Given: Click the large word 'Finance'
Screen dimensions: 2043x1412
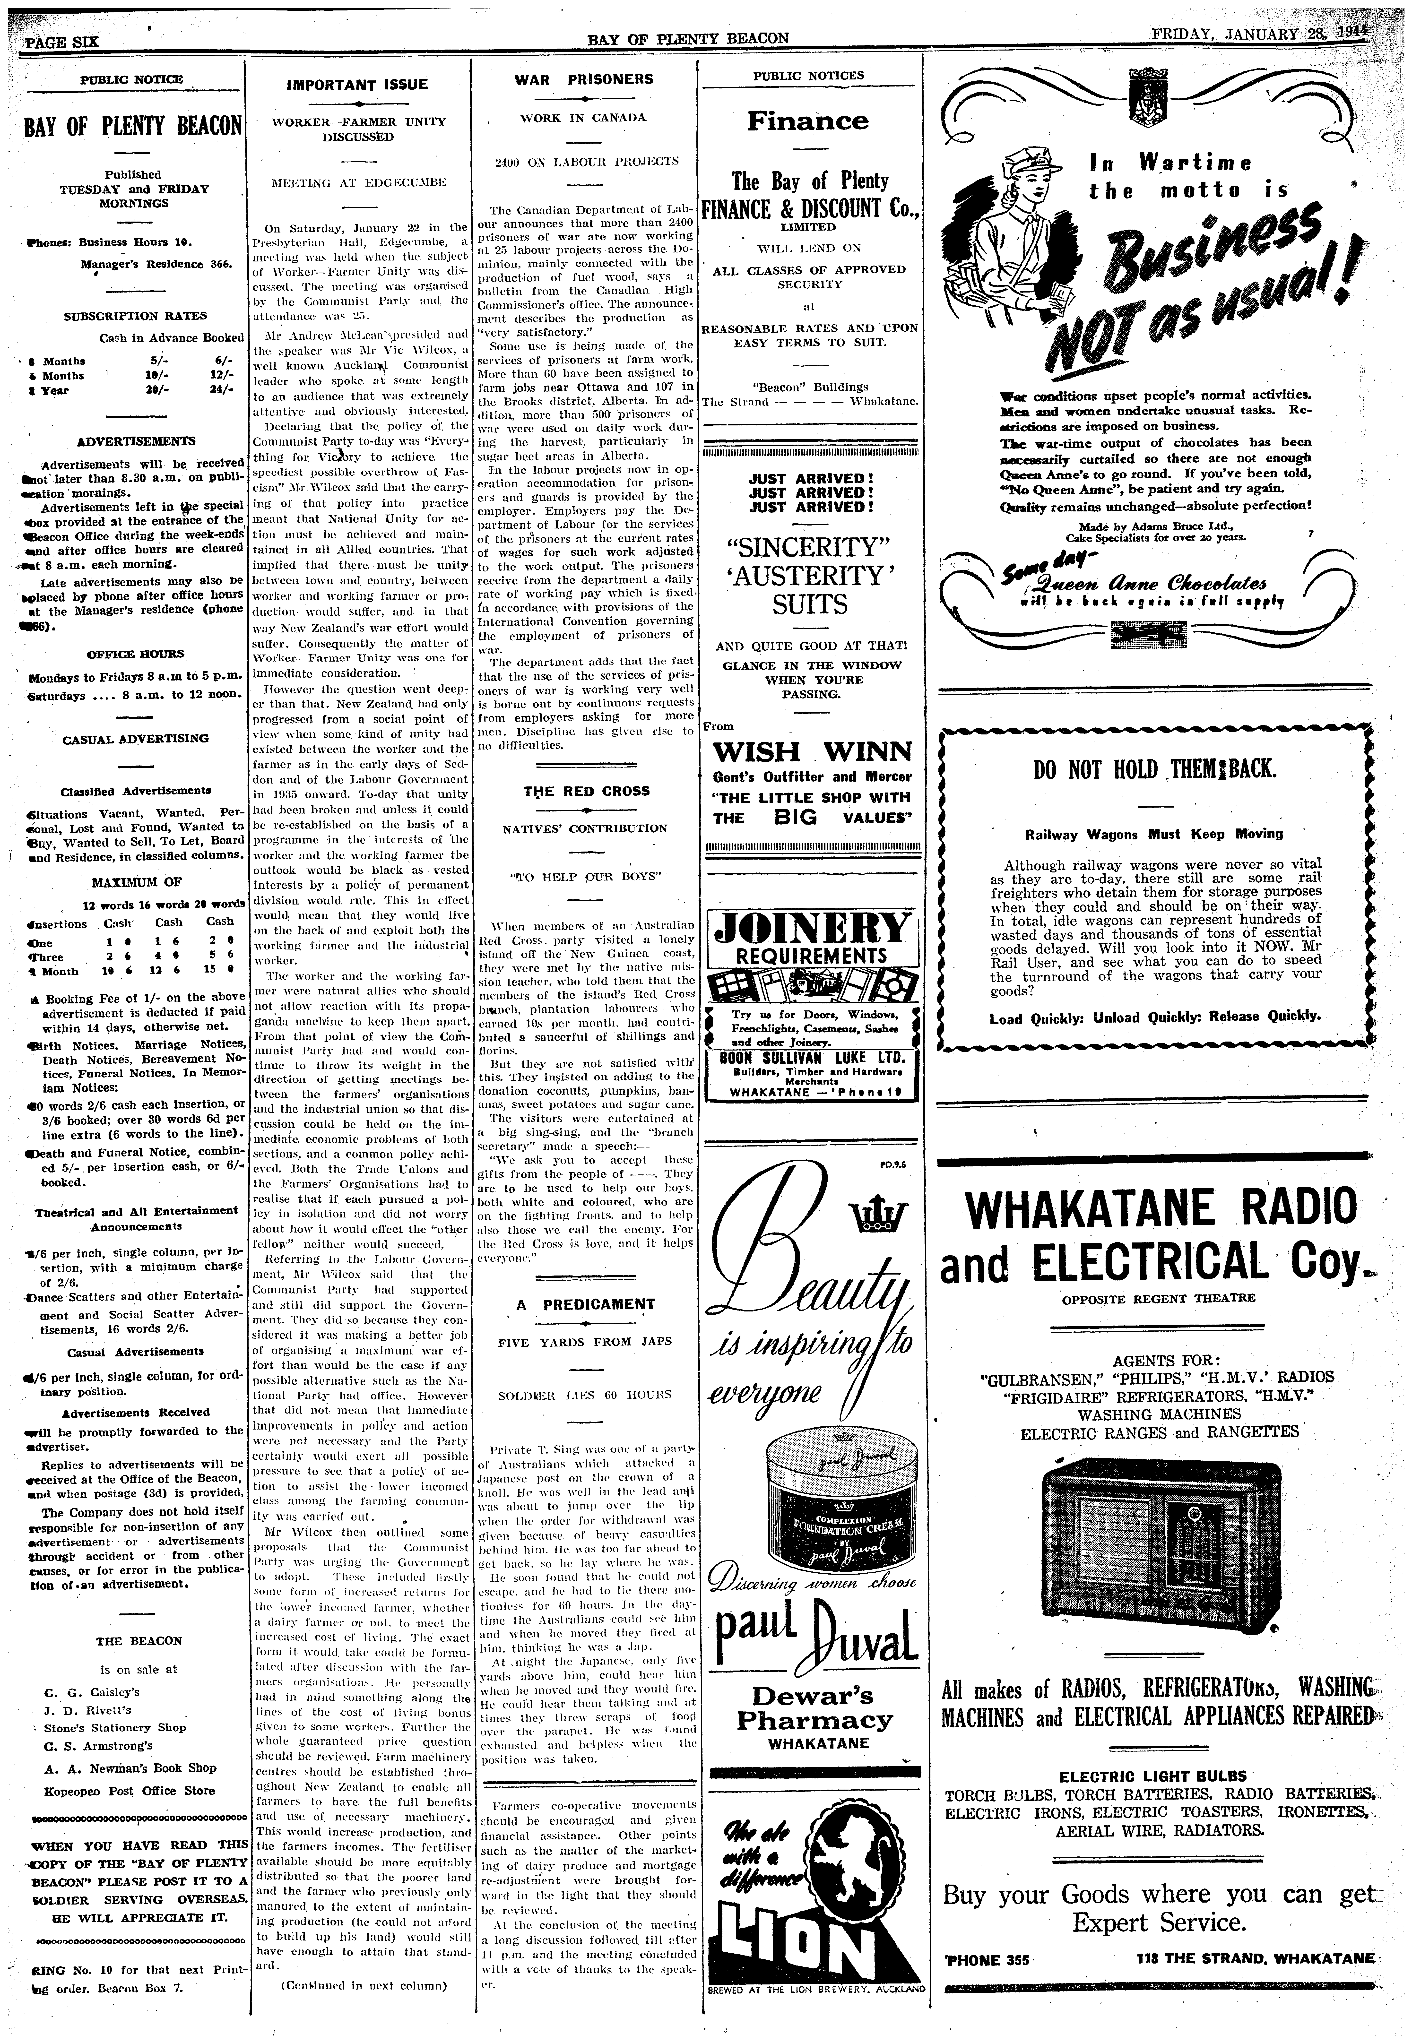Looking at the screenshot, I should [x=808, y=121].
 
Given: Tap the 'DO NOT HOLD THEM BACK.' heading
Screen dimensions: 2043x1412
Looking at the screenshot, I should [x=1154, y=768].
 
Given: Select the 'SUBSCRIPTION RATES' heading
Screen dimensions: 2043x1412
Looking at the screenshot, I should [x=135, y=316].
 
